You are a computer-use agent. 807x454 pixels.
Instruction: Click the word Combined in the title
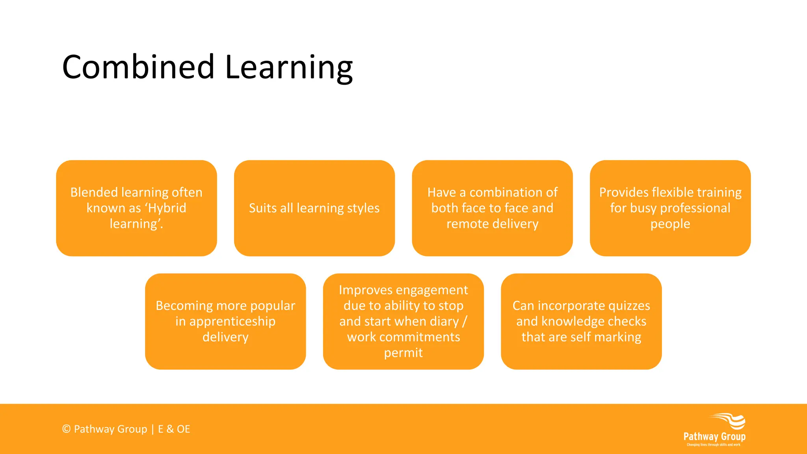tap(138, 67)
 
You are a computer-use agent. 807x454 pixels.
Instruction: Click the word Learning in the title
tap(288, 68)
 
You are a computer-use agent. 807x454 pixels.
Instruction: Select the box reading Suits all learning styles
tap(314, 208)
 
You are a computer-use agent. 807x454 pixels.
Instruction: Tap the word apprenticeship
tap(232, 322)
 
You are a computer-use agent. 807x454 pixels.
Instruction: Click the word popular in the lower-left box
tap(272, 306)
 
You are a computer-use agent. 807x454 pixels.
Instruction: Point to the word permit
tap(403, 353)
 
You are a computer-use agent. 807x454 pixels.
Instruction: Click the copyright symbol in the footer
tap(66, 429)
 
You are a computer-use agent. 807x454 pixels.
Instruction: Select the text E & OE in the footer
tap(174, 429)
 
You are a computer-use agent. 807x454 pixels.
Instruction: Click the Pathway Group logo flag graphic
tap(729, 421)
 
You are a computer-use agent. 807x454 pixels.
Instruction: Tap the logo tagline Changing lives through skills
tap(713, 445)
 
